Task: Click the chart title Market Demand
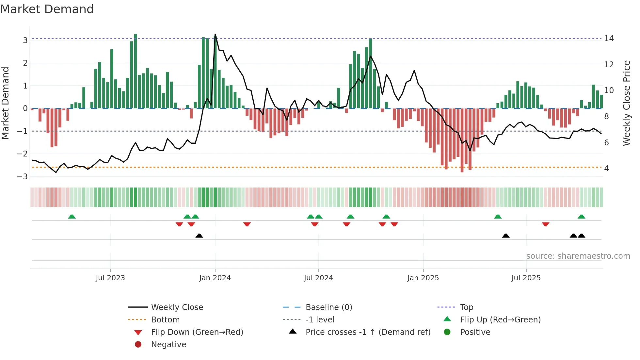(47, 9)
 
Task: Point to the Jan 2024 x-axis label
(215, 278)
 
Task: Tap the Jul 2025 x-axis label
(526, 278)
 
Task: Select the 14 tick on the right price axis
(609, 39)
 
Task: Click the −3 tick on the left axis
(23, 177)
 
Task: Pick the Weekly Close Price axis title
(626, 103)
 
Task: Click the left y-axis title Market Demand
(5, 103)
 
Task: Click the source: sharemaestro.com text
(578, 256)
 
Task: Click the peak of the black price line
(215, 35)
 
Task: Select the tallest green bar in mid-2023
(136, 70)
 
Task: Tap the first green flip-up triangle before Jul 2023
(72, 217)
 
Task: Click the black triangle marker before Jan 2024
(199, 236)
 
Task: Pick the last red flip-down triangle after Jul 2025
(546, 224)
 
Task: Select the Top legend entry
(466, 307)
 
